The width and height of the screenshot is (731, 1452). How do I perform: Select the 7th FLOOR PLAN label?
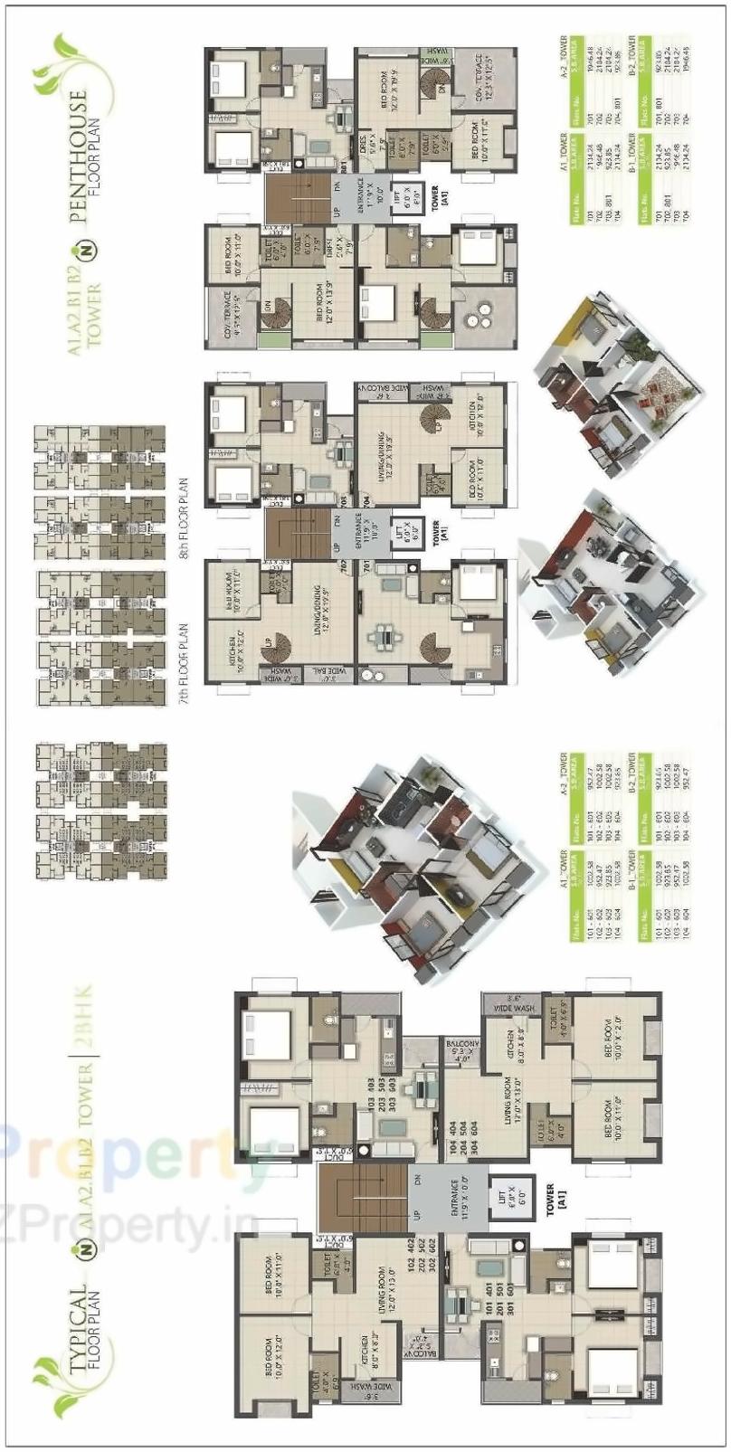185,656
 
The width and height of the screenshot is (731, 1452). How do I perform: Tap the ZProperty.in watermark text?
127,1227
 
